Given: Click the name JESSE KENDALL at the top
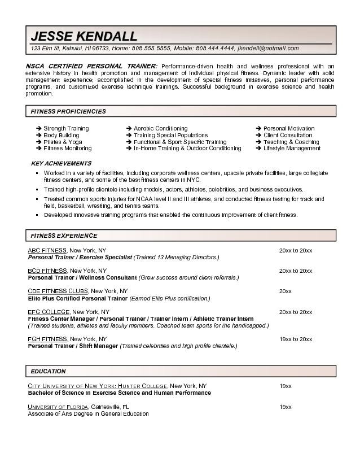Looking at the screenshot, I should pos(84,36).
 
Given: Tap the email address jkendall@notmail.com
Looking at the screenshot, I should pos(269,49).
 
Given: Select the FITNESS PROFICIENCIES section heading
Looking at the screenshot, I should pos(68,111).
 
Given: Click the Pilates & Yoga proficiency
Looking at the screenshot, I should pos(63,142).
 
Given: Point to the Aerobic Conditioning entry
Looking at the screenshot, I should pos(160,128).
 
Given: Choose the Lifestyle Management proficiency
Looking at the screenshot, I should pos(292,149).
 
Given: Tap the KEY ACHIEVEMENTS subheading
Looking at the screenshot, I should pos(61,163).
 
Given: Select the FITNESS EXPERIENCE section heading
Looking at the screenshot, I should pos(64,236).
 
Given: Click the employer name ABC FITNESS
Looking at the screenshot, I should pos(47,250).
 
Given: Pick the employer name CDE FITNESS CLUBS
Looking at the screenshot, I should pos(58,291).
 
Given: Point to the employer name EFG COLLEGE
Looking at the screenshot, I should pos(49,312).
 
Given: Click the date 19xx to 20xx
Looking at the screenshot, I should pos(296,339).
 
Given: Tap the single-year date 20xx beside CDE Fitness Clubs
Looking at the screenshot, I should pos(286,291).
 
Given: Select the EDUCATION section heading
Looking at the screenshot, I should pos(48,371).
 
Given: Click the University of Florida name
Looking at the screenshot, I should pos(58,407).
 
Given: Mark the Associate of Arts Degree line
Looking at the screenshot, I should pos(88,413).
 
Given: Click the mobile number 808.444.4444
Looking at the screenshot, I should pos(213,49).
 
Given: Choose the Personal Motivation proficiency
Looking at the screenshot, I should pos(289,128).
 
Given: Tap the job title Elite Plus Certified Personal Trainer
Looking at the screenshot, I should pos(78,298).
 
